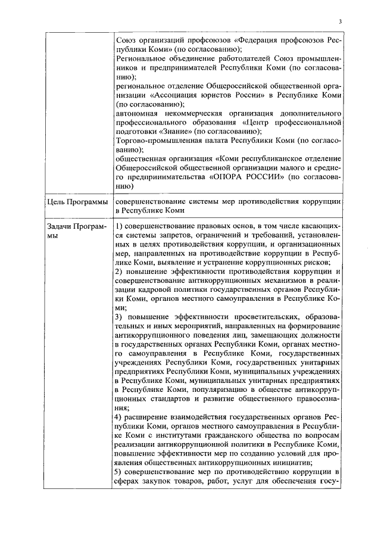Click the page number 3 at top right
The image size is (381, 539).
339,22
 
